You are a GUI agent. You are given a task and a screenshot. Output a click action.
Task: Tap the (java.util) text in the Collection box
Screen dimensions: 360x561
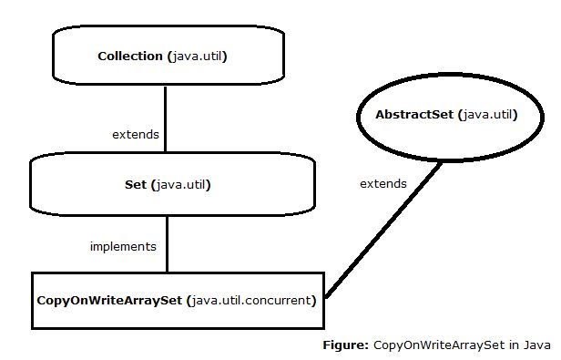coord(197,57)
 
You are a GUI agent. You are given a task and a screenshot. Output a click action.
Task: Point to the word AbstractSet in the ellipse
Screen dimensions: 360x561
coord(414,115)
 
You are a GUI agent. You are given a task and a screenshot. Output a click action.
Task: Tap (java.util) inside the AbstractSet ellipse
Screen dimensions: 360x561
coord(487,115)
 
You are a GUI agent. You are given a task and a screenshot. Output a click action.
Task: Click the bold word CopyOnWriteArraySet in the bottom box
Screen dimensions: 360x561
coord(108,299)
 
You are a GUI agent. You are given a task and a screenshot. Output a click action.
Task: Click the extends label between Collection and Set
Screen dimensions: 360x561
coord(135,134)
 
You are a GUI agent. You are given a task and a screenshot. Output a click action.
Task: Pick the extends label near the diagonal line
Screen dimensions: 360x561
coord(382,183)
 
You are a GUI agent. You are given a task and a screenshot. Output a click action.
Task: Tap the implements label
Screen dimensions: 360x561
coord(123,246)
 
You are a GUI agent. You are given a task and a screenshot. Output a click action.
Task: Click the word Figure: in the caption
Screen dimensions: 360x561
coord(346,345)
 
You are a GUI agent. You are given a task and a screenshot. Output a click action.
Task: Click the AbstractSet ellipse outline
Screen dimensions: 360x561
coord(358,115)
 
